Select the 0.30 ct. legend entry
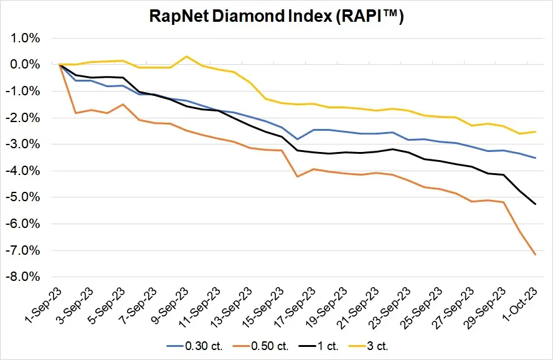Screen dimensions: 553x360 195,346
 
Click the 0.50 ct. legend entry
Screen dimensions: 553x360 261,346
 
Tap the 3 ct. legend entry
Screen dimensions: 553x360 368,346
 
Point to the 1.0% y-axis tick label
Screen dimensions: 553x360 25,38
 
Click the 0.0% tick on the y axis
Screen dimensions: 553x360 25,65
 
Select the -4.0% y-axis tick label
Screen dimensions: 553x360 23,171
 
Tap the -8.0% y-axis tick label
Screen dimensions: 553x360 23,277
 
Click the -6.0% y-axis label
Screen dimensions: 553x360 23,224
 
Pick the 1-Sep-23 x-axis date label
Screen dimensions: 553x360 44,305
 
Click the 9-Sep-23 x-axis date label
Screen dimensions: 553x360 170,305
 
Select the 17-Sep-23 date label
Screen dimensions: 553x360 295,307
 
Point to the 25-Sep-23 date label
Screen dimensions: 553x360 421,307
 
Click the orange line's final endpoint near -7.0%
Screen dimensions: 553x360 536,254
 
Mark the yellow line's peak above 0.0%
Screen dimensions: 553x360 187,57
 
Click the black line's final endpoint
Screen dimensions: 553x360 536,204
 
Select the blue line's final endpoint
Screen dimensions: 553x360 536,158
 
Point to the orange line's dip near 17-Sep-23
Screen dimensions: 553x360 297,177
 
